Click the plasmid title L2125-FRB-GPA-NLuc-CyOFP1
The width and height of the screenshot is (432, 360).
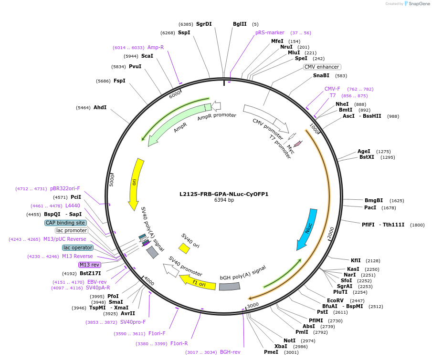pos(224,194)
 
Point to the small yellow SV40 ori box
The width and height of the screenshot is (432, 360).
pos(184,248)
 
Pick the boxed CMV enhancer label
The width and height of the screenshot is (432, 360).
pos(322,67)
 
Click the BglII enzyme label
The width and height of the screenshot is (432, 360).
pos(240,24)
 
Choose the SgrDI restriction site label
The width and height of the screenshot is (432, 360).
pos(204,24)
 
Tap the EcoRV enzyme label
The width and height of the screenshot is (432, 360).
pos(335,301)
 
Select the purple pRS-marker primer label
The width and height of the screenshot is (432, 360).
pos(270,32)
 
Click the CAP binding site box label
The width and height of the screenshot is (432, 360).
pos(65,223)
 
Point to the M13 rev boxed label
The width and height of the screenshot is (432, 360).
pos(90,265)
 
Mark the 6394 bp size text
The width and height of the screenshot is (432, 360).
pos(224,200)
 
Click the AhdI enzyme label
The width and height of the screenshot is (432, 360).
pos(100,108)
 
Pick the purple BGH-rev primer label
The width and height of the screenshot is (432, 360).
pos(230,352)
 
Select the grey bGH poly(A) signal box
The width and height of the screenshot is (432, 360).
pos(230,286)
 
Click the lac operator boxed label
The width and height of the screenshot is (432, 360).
pos(77,247)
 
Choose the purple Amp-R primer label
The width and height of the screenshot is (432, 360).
pos(156,47)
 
